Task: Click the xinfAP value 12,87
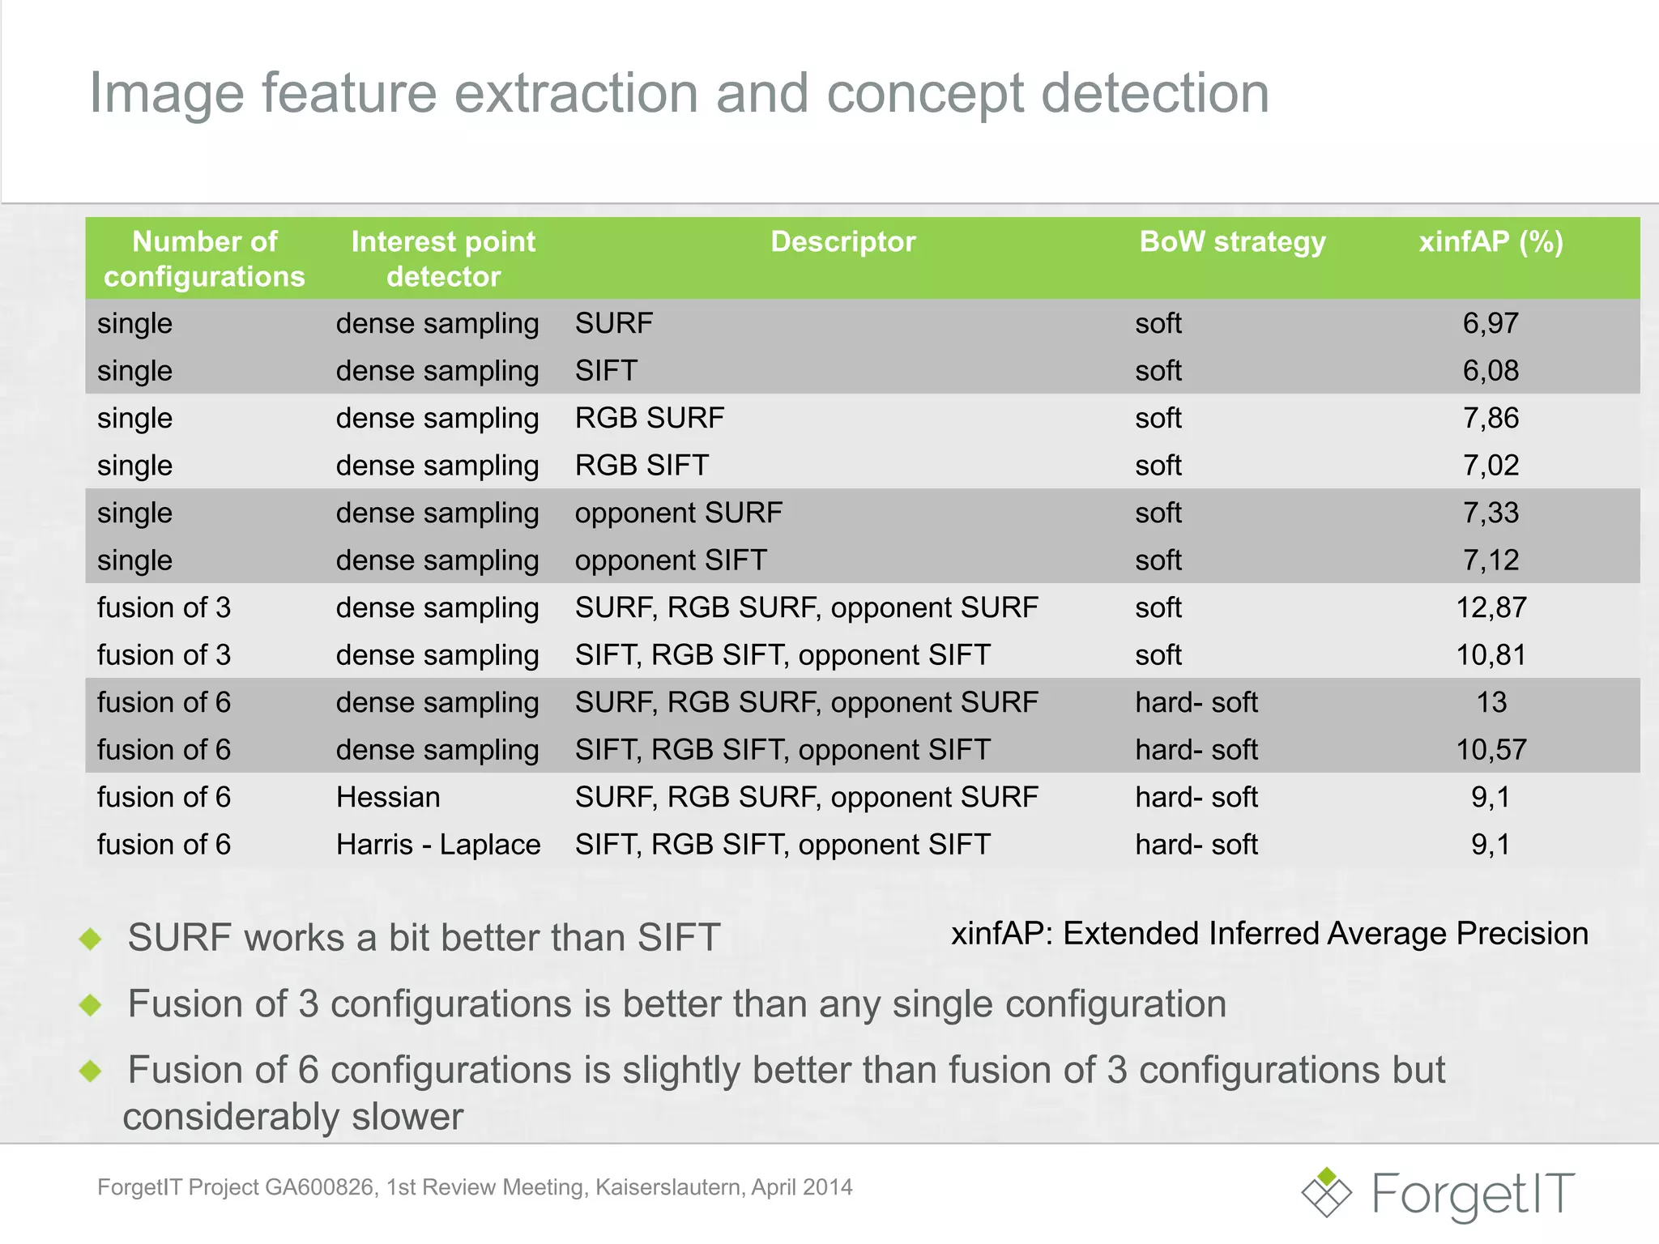pos(1491,607)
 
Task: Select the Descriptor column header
pos(842,241)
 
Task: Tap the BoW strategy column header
pos(1232,241)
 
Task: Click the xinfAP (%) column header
pos(1491,241)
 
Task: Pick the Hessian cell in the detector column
pos(388,797)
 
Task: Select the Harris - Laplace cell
pos(437,845)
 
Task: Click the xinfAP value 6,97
pos(1491,323)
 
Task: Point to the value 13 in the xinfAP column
pos(1491,702)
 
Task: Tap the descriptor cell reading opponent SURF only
pos(678,513)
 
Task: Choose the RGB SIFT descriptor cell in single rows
pos(642,466)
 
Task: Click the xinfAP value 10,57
pos(1491,750)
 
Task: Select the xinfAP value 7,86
pos(1491,418)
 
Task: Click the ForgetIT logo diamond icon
pos(1326,1192)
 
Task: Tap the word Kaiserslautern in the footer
pos(669,1187)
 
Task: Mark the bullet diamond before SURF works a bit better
pos(91,939)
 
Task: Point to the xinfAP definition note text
pos(1269,934)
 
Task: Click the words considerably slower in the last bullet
pos(293,1117)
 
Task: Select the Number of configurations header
pos(204,259)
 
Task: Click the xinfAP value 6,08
pos(1491,371)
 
